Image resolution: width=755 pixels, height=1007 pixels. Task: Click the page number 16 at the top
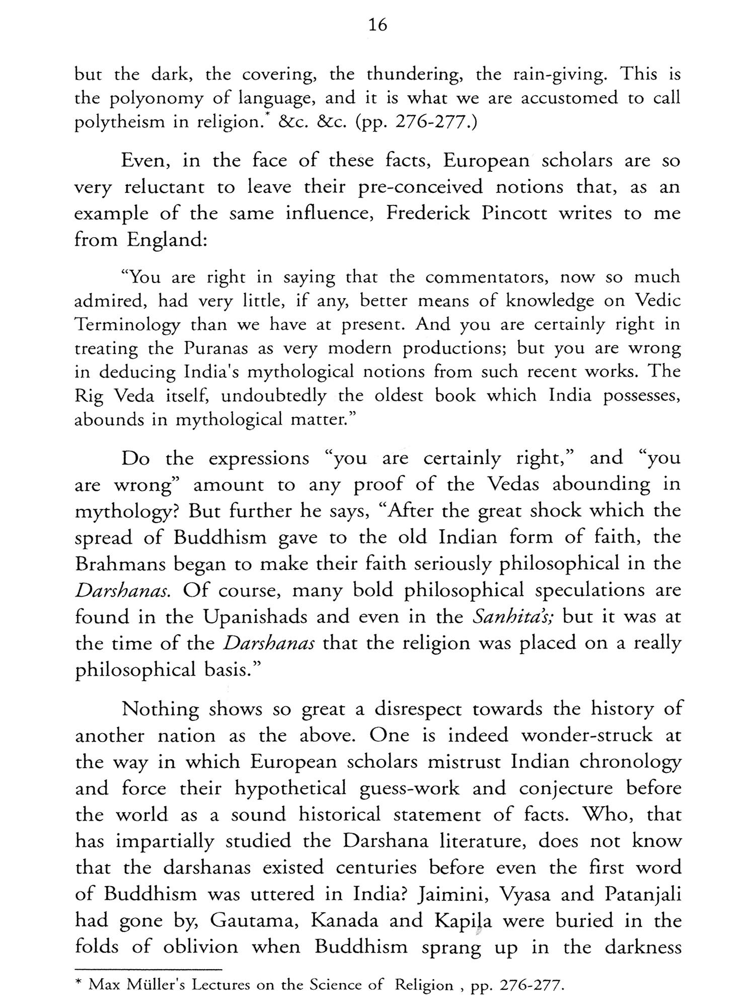pos(377,25)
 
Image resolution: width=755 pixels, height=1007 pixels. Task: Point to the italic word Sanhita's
pos(513,617)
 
